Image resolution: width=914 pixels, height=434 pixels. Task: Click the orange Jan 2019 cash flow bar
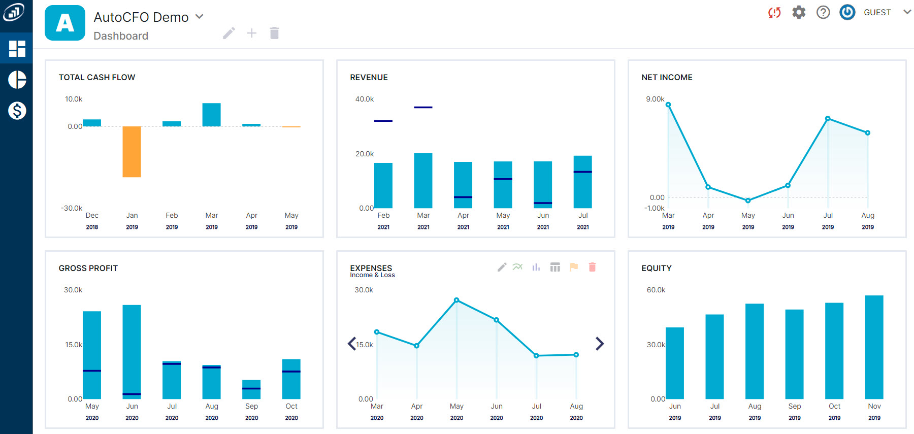pyautogui.click(x=132, y=151)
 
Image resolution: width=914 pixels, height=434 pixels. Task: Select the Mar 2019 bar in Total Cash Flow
pyautogui.click(x=211, y=115)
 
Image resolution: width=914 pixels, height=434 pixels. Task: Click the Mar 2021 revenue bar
pyautogui.click(x=423, y=180)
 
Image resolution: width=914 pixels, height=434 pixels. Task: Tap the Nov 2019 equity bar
pyautogui.click(x=874, y=347)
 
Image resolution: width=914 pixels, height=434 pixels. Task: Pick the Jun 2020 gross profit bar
pyautogui.click(x=132, y=351)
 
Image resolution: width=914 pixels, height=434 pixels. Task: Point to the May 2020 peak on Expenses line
pyautogui.click(x=456, y=300)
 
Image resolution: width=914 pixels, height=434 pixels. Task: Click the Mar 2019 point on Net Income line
pyautogui.click(x=668, y=105)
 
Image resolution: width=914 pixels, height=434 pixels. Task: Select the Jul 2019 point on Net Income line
pyautogui.click(x=828, y=118)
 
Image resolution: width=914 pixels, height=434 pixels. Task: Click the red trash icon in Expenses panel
pyautogui.click(x=592, y=267)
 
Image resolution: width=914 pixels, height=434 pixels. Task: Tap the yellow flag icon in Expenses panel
pyautogui.click(x=574, y=267)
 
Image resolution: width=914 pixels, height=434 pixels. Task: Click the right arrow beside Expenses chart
pyautogui.click(x=600, y=344)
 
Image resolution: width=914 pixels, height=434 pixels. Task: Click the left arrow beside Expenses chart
pyautogui.click(x=352, y=344)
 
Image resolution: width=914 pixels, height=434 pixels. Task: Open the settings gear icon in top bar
pyautogui.click(x=799, y=12)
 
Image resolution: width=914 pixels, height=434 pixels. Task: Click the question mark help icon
pyautogui.click(x=823, y=12)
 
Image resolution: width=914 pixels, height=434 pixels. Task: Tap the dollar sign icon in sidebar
pyautogui.click(x=17, y=110)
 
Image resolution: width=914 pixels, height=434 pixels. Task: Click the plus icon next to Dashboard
pyautogui.click(x=251, y=34)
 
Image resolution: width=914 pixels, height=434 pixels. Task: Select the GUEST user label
pyautogui.click(x=877, y=12)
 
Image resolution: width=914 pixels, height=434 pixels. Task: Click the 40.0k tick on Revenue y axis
pyautogui.click(x=364, y=99)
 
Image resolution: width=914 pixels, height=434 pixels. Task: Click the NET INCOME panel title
pyautogui.click(x=667, y=77)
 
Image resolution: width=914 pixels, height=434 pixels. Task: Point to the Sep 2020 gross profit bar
pyautogui.click(x=251, y=389)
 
